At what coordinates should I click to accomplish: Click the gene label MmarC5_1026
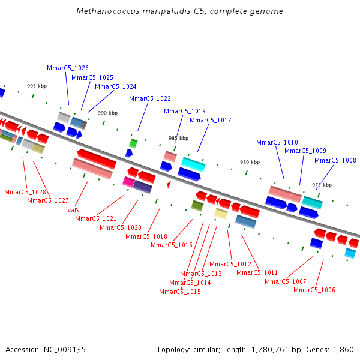68,68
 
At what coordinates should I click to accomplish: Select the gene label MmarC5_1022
150,98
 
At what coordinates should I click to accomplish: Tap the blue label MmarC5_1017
211,120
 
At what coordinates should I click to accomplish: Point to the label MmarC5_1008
335,160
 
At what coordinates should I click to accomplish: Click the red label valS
73,210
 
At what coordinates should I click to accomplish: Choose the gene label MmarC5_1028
25,192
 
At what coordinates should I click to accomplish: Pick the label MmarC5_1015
180,292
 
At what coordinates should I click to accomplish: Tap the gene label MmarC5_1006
314,290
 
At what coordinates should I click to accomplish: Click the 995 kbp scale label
37,86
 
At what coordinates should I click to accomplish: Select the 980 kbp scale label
250,162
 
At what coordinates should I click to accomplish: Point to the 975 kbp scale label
322,185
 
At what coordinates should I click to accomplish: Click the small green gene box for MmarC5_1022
133,143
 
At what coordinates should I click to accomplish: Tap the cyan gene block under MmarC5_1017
193,164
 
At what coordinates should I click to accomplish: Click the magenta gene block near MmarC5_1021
128,181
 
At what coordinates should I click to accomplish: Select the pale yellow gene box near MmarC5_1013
221,213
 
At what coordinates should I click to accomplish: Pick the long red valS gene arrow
97,158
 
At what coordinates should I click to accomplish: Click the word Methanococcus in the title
104,11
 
